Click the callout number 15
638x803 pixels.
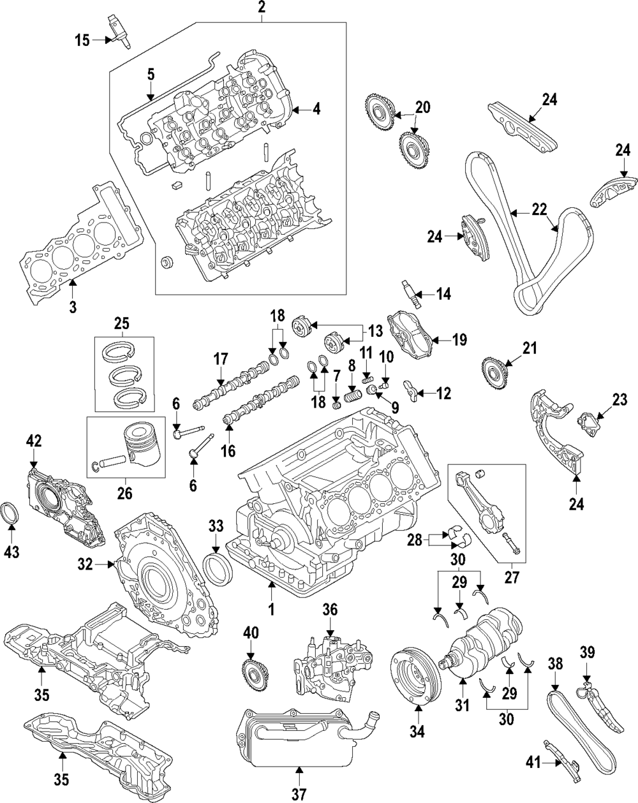coord(83,41)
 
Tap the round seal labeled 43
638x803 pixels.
coord(11,515)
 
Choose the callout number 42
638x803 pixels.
coord(33,441)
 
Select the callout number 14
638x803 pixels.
coord(443,294)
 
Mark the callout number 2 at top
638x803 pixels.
coord(262,8)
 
